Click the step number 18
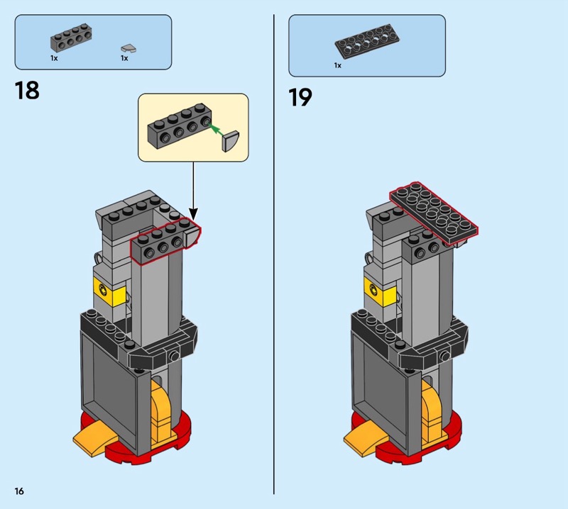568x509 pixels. pyautogui.click(x=27, y=91)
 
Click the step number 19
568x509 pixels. pyautogui.click(x=300, y=97)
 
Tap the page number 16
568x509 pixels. pyautogui.click(x=19, y=491)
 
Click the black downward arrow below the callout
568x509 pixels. pyautogui.click(x=193, y=191)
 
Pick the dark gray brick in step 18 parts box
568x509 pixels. pyautogui.click(x=70, y=38)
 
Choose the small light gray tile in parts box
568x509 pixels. pyautogui.click(x=129, y=48)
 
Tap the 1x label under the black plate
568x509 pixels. pyautogui.click(x=338, y=65)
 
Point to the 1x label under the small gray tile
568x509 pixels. pyautogui.click(x=124, y=58)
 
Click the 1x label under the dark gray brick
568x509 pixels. pyautogui.click(x=54, y=58)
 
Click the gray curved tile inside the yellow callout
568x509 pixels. pyautogui.click(x=230, y=141)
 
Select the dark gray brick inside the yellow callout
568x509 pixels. pyautogui.click(x=179, y=126)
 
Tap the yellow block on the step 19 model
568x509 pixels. pyautogui.click(x=380, y=291)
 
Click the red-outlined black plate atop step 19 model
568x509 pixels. pyautogui.click(x=434, y=214)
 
